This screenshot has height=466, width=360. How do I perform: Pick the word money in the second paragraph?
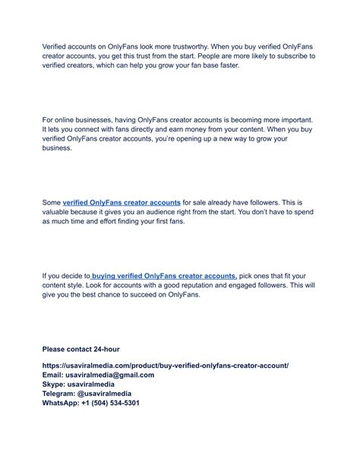point(201,130)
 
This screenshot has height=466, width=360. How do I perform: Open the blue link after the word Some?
point(122,203)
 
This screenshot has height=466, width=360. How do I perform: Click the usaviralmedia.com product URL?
point(166,366)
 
